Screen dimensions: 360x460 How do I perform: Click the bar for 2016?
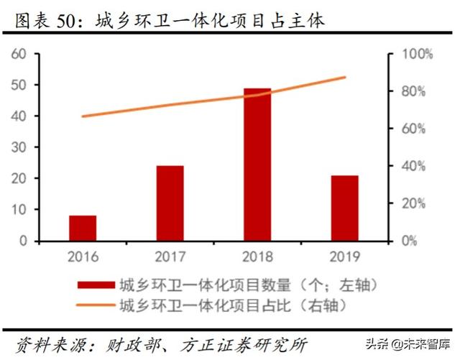click(x=83, y=228)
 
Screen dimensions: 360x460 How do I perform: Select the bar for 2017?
click(x=170, y=203)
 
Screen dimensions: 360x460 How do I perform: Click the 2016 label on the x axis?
click(x=83, y=256)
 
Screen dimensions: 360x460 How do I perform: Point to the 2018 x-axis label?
click(x=257, y=256)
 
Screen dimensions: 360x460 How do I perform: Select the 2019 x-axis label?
click(x=345, y=256)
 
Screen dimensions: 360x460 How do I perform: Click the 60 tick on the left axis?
click(x=19, y=54)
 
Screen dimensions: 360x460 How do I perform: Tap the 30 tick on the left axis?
click(x=19, y=147)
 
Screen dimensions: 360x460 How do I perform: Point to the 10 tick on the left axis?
click(x=19, y=210)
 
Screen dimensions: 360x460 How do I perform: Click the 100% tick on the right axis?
click(x=418, y=54)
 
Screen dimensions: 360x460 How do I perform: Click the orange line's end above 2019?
click(x=345, y=77)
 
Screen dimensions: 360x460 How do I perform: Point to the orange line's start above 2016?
click(x=83, y=116)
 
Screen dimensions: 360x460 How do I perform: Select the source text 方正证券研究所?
click(x=245, y=343)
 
